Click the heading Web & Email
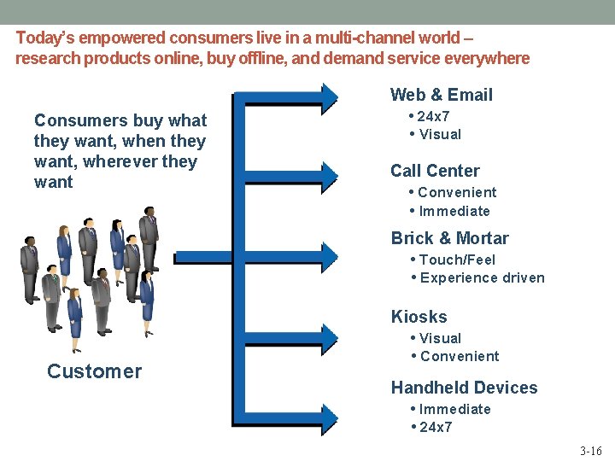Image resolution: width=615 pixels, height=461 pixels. (x=442, y=95)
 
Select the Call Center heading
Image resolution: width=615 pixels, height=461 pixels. (x=435, y=171)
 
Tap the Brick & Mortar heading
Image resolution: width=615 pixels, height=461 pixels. (x=449, y=238)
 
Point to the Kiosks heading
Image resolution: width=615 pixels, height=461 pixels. (x=419, y=317)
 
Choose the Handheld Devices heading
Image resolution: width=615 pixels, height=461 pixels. (x=464, y=388)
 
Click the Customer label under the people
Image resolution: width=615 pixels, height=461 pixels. (x=94, y=371)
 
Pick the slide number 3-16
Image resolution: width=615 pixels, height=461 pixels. (x=589, y=449)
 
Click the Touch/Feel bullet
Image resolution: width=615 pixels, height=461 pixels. (x=457, y=260)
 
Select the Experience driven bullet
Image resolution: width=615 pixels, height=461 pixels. (x=482, y=277)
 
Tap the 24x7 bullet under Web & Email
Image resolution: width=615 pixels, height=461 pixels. (x=434, y=116)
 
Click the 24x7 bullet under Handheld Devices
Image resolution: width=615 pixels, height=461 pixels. (x=436, y=427)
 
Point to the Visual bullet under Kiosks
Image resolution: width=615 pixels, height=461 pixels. (x=440, y=338)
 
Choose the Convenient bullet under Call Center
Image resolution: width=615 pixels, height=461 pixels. (x=457, y=192)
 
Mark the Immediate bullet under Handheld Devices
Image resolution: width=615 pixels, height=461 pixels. (x=454, y=409)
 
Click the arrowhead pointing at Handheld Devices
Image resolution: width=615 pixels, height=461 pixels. (x=329, y=411)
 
